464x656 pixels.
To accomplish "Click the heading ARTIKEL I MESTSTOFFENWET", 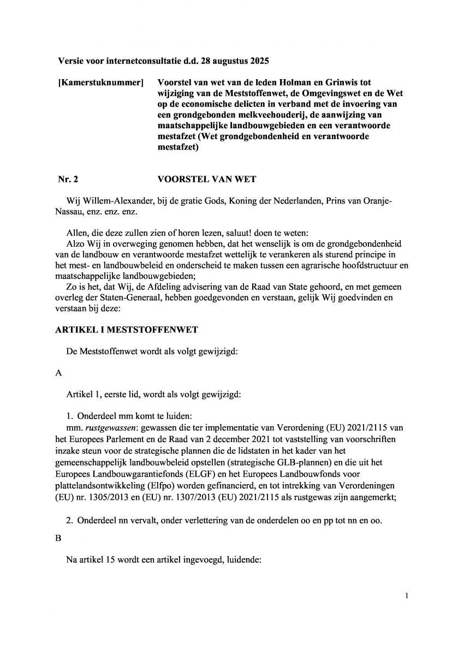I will pos(127,330).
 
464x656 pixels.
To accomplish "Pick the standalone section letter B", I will pos(59,538).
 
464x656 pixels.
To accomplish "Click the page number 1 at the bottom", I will pos(407,596).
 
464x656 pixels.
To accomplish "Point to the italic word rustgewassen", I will pos(106,429).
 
